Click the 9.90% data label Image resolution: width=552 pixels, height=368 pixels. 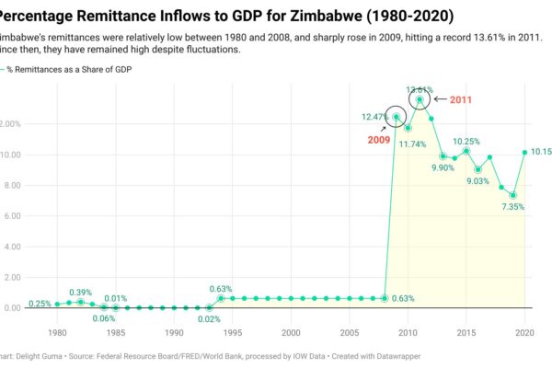coord(444,168)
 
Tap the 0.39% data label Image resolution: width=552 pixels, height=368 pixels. coord(80,292)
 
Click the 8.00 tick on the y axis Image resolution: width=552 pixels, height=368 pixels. coord(13,185)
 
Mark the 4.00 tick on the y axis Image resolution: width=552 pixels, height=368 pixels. coord(13,247)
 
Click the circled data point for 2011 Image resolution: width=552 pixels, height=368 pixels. coord(420,99)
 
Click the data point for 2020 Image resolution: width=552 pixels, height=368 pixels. coord(524,153)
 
